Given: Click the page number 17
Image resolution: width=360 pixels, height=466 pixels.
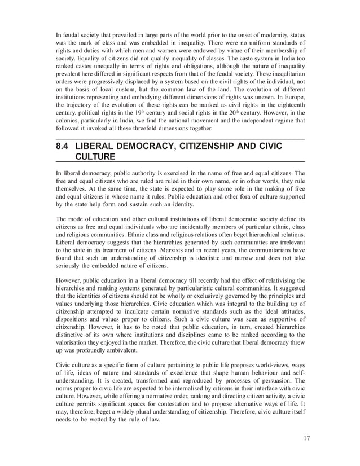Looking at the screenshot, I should click(306, 438).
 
